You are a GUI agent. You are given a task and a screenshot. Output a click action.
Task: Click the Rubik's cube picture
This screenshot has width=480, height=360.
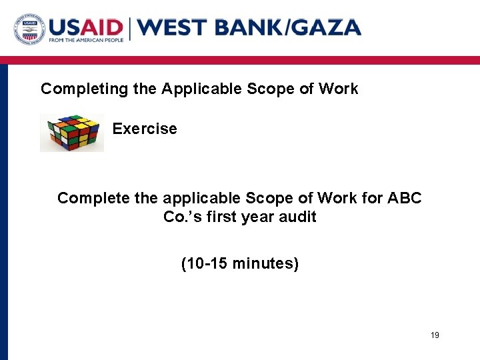(72, 133)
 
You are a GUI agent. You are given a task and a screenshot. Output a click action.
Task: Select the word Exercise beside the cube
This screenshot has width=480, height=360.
(145, 129)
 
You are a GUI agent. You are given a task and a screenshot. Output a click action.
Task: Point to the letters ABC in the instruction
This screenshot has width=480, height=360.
(405, 199)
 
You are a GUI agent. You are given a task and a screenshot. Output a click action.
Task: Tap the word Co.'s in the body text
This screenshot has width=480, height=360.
(181, 217)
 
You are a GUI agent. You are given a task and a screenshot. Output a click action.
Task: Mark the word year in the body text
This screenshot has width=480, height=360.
(257, 217)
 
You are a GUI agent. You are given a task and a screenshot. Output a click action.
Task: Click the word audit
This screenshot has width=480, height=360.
(298, 217)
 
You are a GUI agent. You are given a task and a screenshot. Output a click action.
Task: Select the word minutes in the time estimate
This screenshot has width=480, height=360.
(263, 264)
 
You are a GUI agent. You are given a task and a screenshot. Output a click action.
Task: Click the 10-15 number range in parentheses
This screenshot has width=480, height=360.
(204, 264)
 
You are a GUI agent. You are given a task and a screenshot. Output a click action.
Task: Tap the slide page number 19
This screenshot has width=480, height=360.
(435, 335)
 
